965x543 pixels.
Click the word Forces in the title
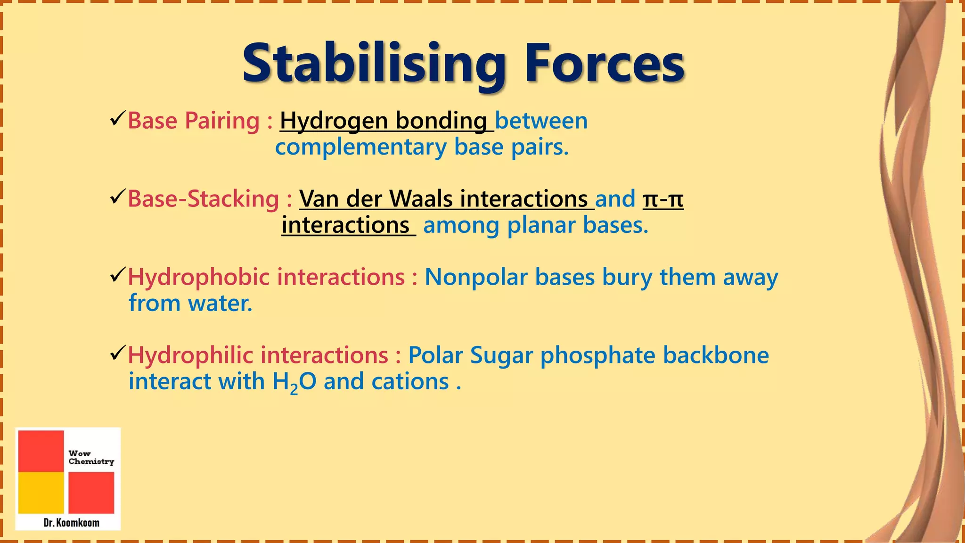pyautogui.click(x=605, y=64)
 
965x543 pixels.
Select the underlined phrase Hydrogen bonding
pyautogui.click(x=384, y=121)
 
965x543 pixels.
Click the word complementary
pyautogui.click(x=360, y=148)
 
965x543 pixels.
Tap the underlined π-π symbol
pyautogui.click(x=663, y=198)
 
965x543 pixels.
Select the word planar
pyautogui.click(x=541, y=225)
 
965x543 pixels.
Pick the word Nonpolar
pyautogui.click(x=476, y=277)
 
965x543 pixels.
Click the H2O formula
pyautogui.click(x=294, y=382)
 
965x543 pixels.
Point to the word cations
pyautogui.click(x=410, y=382)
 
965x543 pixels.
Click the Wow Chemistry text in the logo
pyautogui.click(x=91, y=457)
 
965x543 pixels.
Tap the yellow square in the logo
pyautogui.click(x=41, y=493)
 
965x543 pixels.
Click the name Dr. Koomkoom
pyautogui.click(x=71, y=523)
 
